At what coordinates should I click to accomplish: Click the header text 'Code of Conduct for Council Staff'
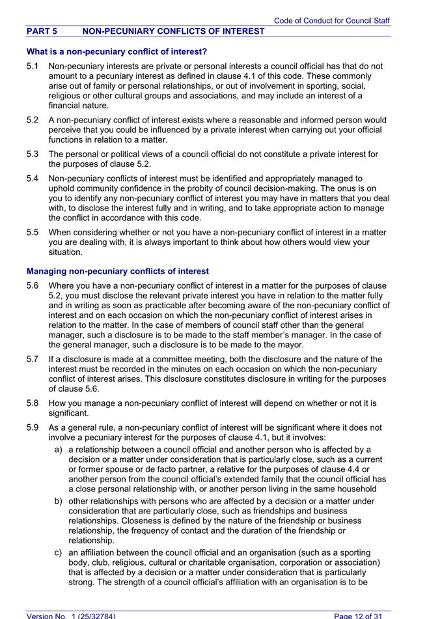(332, 21)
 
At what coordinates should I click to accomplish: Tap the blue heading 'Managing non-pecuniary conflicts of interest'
(117, 271)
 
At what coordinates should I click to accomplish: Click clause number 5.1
(33, 66)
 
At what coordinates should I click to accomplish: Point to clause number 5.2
(33, 120)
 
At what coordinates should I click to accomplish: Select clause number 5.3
(33, 154)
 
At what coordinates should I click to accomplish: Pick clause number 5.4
(33, 179)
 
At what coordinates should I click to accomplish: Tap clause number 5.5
(33, 233)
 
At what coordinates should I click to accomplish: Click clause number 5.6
(33, 286)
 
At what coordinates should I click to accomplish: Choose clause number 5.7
(33, 360)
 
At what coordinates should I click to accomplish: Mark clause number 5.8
(33, 403)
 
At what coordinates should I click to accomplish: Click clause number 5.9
(33, 428)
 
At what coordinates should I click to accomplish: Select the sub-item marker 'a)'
(59, 450)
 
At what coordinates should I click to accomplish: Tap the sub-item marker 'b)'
(59, 501)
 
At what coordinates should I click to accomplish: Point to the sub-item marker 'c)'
(59, 553)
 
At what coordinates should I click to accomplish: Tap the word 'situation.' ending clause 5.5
(66, 252)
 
